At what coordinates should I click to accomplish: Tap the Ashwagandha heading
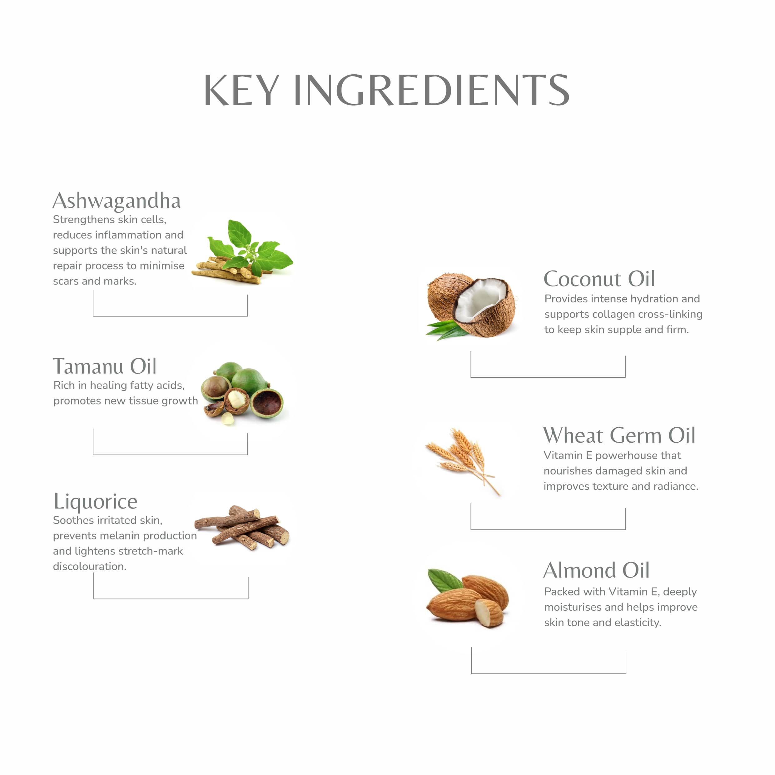[x=117, y=201]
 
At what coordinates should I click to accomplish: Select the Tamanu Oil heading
[x=105, y=366]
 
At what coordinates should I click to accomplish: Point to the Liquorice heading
[x=96, y=502]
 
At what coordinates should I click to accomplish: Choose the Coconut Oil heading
[x=599, y=279]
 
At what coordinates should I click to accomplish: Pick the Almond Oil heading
[x=597, y=570]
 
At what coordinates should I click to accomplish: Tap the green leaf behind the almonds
[x=445, y=580]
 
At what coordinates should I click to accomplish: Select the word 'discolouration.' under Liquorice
[x=90, y=566]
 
